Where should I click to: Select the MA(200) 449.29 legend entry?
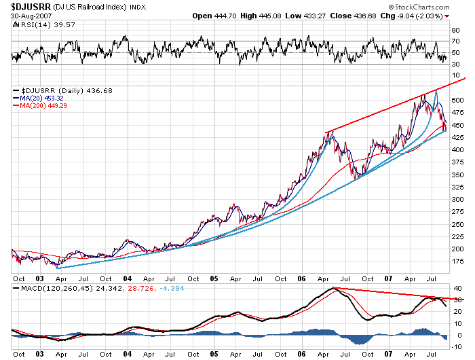click(x=47, y=105)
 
